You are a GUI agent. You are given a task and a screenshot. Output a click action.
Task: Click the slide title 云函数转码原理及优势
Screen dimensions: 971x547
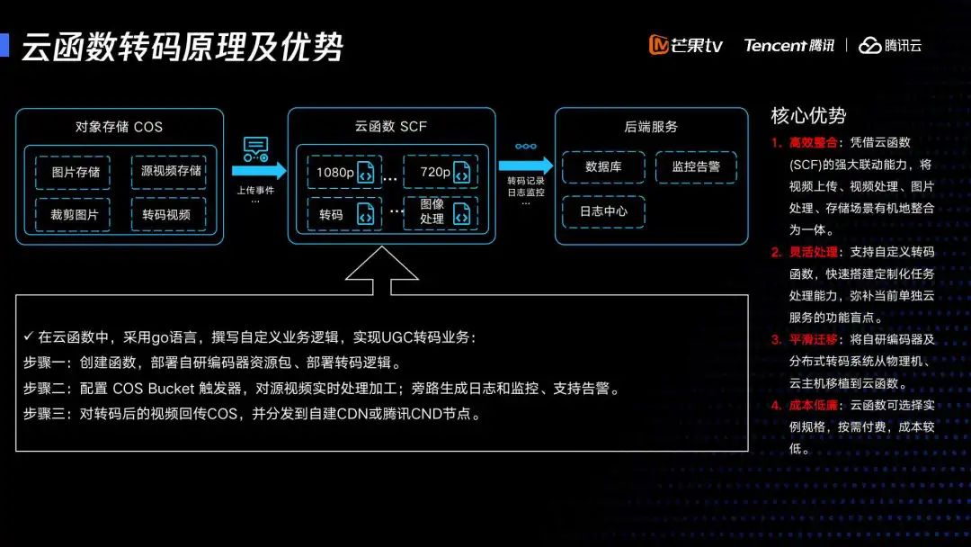(x=182, y=47)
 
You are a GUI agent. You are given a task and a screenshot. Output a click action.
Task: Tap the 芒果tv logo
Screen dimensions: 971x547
(x=686, y=45)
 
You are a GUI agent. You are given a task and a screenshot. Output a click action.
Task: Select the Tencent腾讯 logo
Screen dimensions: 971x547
(x=788, y=45)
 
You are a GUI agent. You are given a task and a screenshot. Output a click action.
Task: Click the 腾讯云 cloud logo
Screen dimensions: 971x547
(x=890, y=45)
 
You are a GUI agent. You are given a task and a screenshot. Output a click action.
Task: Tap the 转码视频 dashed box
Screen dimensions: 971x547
(x=168, y=215)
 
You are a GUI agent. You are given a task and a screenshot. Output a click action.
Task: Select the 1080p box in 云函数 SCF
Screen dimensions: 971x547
(x=343, y=172)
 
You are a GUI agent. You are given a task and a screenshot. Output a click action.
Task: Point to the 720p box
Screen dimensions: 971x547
(x=438, y=172)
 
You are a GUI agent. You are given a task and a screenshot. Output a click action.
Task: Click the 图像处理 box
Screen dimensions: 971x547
(x=438, y=211)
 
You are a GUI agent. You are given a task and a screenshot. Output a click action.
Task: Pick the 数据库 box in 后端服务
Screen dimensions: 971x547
(x=602, y=167)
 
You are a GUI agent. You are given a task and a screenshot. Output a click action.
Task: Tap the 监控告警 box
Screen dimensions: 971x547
(x=696, y=167)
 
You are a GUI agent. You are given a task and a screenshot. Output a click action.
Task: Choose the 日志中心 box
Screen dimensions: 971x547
(x=602, y=211)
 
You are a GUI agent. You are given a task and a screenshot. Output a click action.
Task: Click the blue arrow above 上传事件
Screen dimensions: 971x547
(x=258, y=170)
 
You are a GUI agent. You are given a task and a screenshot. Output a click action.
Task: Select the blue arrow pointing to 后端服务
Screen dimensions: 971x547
(x=525, y=166)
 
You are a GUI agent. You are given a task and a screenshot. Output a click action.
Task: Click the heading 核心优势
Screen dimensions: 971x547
(x=808, y=115)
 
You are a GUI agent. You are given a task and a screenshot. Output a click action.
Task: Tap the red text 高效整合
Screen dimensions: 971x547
(x=813, y=142)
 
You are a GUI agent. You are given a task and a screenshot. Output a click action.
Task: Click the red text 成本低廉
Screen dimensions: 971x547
(x=813, y=405)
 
